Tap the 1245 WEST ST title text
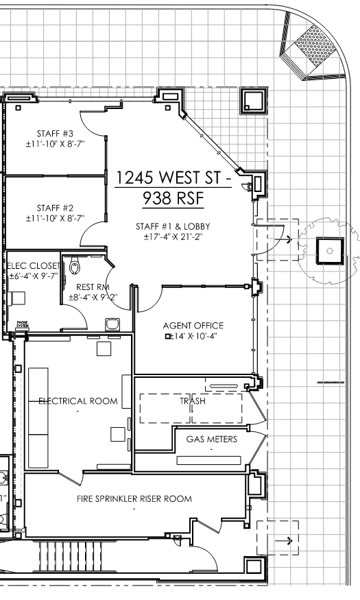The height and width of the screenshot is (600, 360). pos(173,178)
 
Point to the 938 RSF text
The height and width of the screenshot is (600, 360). pos(173,199)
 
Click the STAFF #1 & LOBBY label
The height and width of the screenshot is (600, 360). pos(176,226)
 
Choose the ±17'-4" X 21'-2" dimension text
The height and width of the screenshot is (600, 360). pos(176,237)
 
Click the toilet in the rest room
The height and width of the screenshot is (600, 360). pos(75,263)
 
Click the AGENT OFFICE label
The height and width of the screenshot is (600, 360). pos(193,325)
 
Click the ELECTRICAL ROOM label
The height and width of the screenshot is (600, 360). pos(77,400)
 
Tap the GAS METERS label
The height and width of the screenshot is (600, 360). pos(212,439)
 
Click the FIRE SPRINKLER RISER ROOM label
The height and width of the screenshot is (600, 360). pos(134,499)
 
